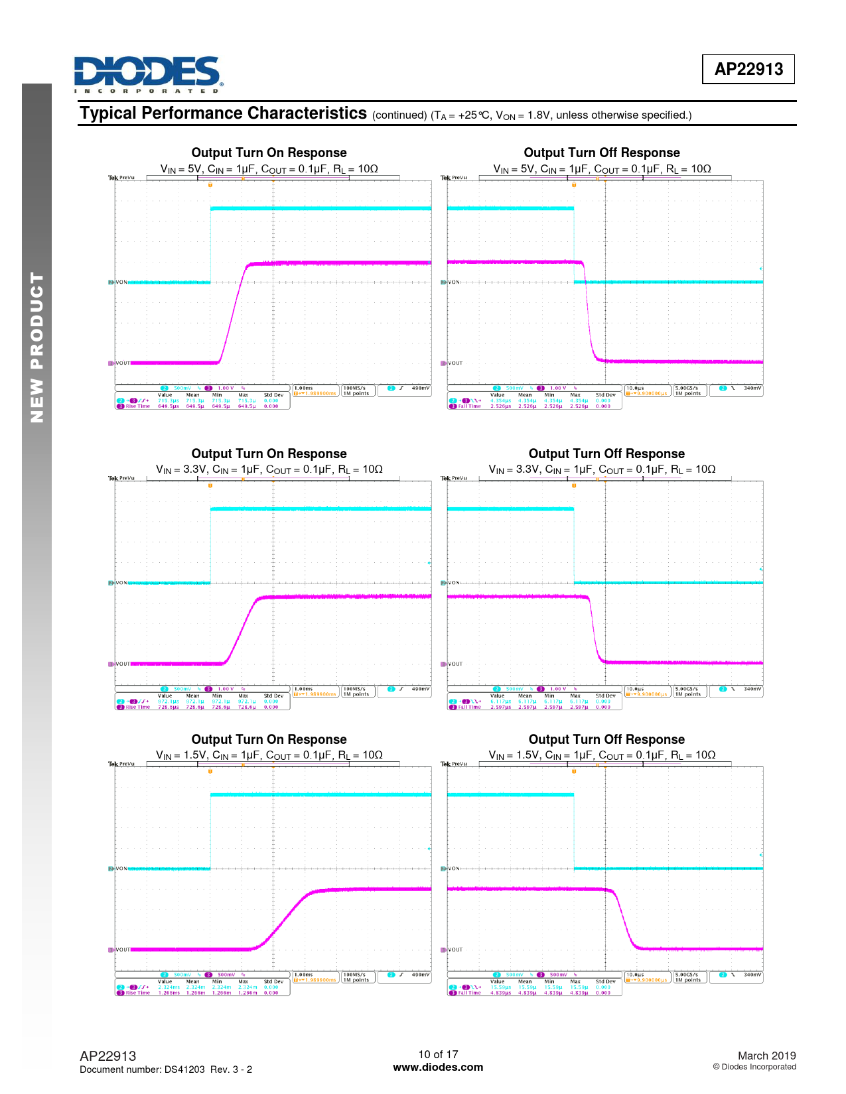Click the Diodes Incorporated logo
pyautogui.click(x=147, y=74)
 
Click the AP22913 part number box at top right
pyautogui.click(x=748, y=69)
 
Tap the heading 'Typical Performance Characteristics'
pyautogui.click(x=223, y=113)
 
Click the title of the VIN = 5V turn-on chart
pyautogui.click(x=269, y=153)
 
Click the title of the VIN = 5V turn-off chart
pyautogui.click(x=601, y=153)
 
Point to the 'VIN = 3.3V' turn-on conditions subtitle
pyautogui.click(x=269, y=469)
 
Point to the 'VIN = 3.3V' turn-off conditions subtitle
pyautogui.click(x=602, y=469)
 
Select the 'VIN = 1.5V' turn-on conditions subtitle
pyautogui.click(x=269, y=755)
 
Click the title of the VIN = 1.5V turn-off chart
pyautogui.click(x=606, y=740)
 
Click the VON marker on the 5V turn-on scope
pyautogui.click(x=121, y=282)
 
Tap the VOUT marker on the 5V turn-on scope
pyautogui.click(x=123, y=363)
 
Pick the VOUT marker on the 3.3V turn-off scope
pyautogui.click(x=455, y=664)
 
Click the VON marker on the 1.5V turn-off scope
pyautogui.click(x=453, y=869)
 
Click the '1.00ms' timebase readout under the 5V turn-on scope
pyautogui.click(x=304, y=388)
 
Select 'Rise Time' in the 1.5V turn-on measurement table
pyautogui.click(x=137, y=993)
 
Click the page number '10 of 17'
pyautogui.click(x=438, y=1054)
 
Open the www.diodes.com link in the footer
pyautogui.click(x=438, y=1067)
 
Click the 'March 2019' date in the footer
pyautogui.click(x=766, y=1056)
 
